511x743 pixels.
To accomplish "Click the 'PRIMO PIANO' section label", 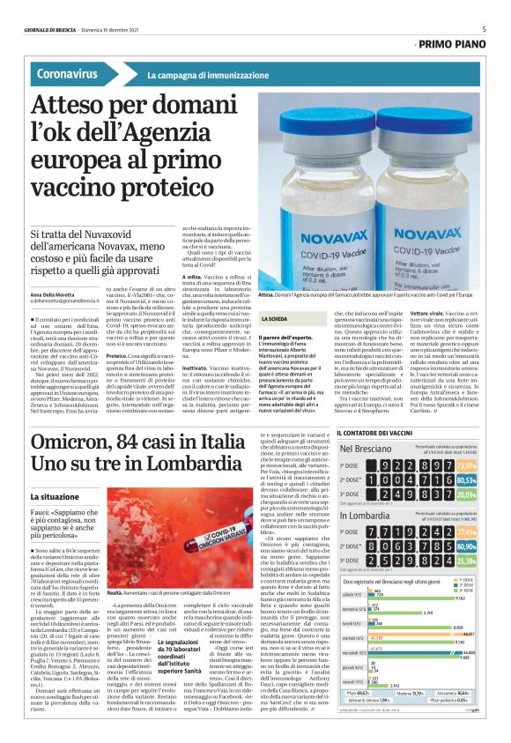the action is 460,42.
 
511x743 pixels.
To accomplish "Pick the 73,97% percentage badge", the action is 491,465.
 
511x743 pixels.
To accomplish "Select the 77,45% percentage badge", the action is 491,532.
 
